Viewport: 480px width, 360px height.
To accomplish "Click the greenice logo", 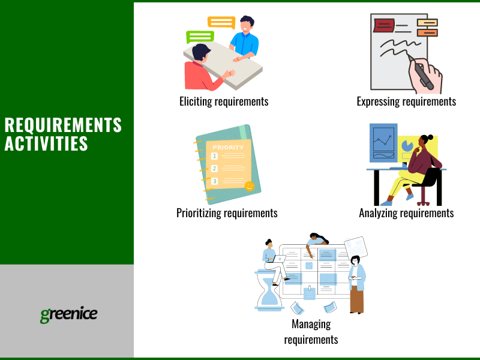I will [x=68, y=314].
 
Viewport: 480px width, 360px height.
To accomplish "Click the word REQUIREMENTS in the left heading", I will [x=63, y=125].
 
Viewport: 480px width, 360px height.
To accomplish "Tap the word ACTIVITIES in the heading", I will [x=46, y=144].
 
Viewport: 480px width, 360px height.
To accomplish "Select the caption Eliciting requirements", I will [x=224, y=101].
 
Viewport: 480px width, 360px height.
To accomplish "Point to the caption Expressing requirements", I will [x=406, y=101].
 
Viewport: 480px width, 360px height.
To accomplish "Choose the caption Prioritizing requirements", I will [x=227, y=213].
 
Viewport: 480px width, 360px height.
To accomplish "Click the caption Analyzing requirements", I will [x=406, y=213].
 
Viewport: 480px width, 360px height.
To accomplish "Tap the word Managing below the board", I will [x=311, y=325].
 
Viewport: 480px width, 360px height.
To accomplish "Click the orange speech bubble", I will [x=221, y=23].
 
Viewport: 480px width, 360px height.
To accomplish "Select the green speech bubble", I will [x=200, y=37].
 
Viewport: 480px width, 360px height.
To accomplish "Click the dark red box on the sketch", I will [x=383, y=25].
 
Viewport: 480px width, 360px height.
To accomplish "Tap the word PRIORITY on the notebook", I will [x=228, y=147].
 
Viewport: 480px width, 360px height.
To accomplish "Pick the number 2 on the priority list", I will [x=214, y=169].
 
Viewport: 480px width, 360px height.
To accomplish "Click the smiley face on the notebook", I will [x=249, y=186].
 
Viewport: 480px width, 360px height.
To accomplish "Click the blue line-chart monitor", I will [x=383, y=143].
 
